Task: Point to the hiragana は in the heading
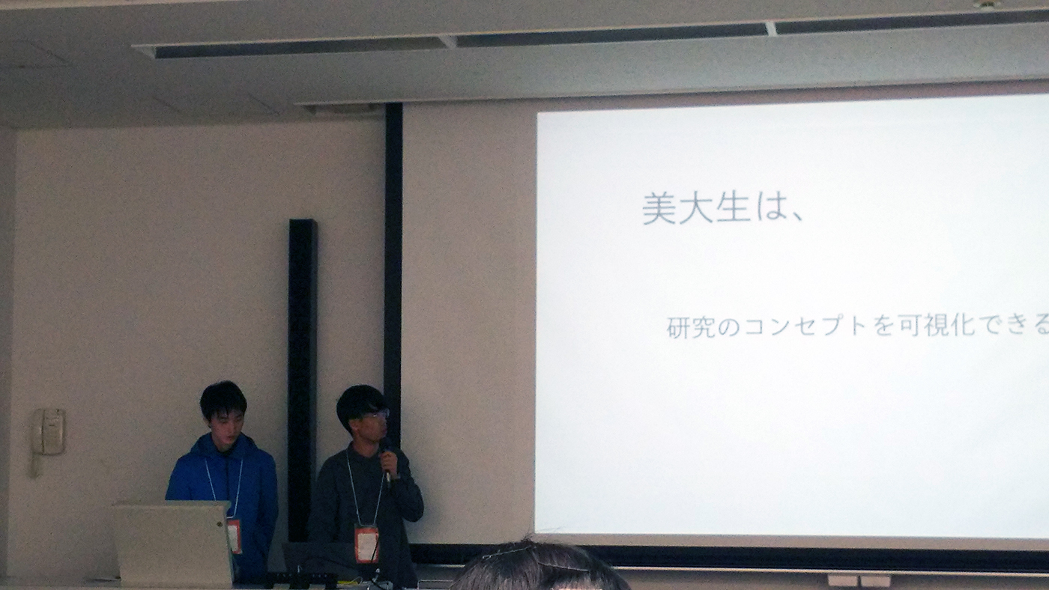[769, 207]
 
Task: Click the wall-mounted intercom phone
[49, 432]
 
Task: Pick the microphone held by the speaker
[386, 461]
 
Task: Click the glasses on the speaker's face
[377, 414]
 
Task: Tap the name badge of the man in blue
[234, 536]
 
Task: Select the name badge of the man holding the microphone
[366, 544]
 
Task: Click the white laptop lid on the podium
[173, 543]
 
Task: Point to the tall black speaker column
[302, 380]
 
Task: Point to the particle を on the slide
[883, 326]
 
